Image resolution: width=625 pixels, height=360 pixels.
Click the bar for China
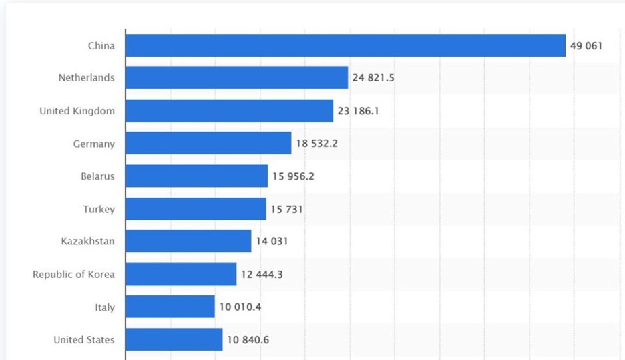(345, 45)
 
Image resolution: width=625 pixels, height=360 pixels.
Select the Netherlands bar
(236, 77)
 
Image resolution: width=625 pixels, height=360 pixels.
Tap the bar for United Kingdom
(229, 111)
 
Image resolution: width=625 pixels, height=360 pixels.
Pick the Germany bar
(208, 143)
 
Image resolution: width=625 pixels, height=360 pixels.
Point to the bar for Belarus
(196, 176)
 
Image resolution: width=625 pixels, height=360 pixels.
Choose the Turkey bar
(196, 209)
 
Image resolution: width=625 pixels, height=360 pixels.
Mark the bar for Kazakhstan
(188, 241)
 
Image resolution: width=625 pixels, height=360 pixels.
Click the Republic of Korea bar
(181, 274)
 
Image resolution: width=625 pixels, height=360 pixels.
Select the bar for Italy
(170, 307)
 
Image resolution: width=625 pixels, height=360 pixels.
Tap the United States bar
(174, 339)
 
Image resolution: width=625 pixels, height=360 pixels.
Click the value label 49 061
(586, 46)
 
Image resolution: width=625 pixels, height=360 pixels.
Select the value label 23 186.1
(358, 111)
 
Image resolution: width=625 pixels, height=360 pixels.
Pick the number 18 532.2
(317, 144)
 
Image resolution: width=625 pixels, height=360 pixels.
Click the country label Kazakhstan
(87, 242)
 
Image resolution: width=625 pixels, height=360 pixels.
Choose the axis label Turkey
(99, 209)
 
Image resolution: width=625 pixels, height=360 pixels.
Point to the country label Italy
(104, 307)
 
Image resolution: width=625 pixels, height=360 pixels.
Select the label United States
(84, 340)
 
